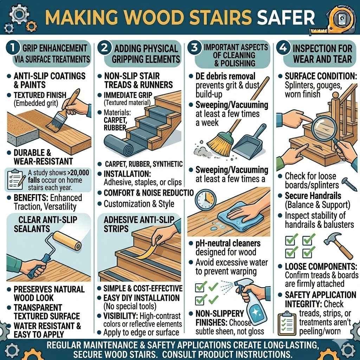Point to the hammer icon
coord(337,244)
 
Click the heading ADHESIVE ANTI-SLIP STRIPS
coord(139,224)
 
